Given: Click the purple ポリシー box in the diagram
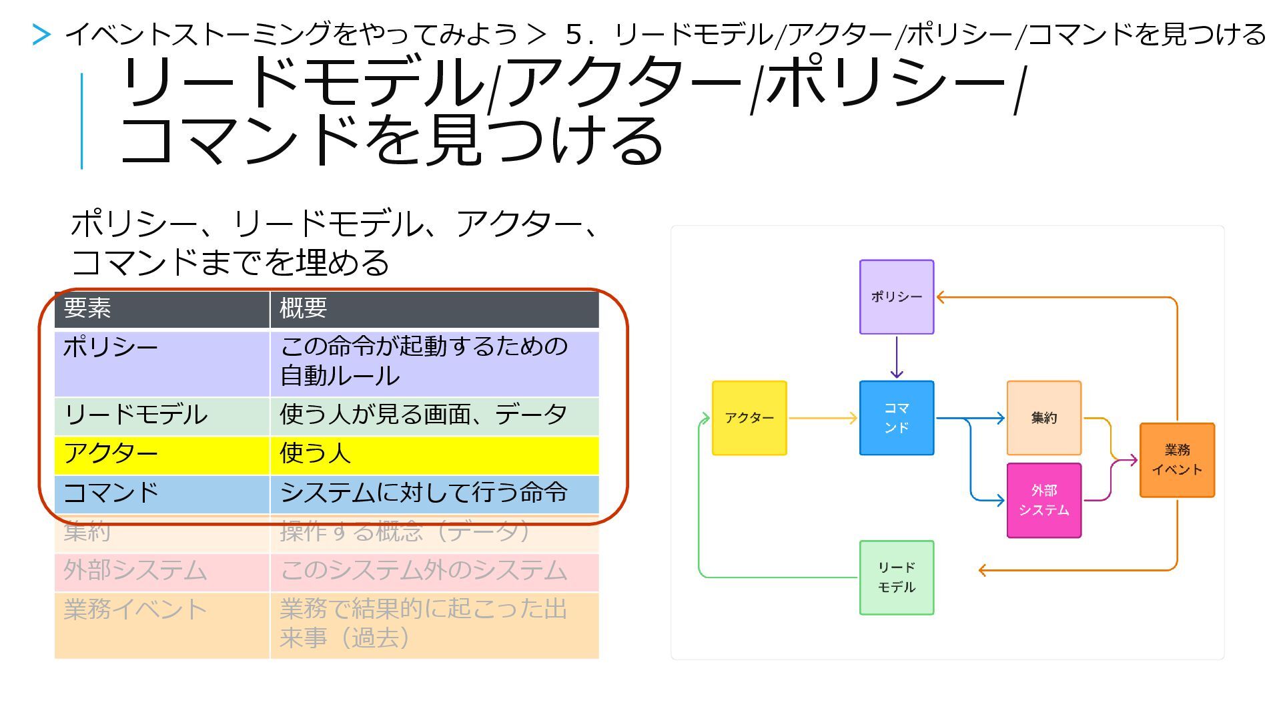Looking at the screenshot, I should pyautogui.click(x=896, y=297).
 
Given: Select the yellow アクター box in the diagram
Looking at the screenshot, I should pyautogui.click(x=749, y=419).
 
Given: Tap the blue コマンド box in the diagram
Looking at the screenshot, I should pyautogui.click(x=896, y=419).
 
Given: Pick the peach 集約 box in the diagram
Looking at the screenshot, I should pyautogui.click(x=1043, y=419).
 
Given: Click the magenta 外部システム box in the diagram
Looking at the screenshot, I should pyautogui.click(x=1043, y=500).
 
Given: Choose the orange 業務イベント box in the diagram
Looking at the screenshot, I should pyautogui.click(x=1177, y=460).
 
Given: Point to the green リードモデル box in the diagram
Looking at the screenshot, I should pyautogui.click(x=896, y=577).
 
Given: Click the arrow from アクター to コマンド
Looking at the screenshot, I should pyautogui.click(x=823, y=419).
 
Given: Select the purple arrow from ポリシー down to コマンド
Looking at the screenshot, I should pyautogui.click(x=896, y=357).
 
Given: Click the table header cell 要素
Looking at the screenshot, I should pyautogui.click(x=161, y=309).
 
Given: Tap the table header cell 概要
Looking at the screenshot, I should pyautogui.click(x=434, y=309).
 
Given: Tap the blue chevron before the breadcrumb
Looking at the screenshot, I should pyautogui.click(x=41, y=35).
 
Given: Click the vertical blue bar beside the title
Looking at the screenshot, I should pyautogui.click(x=82, y=121).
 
